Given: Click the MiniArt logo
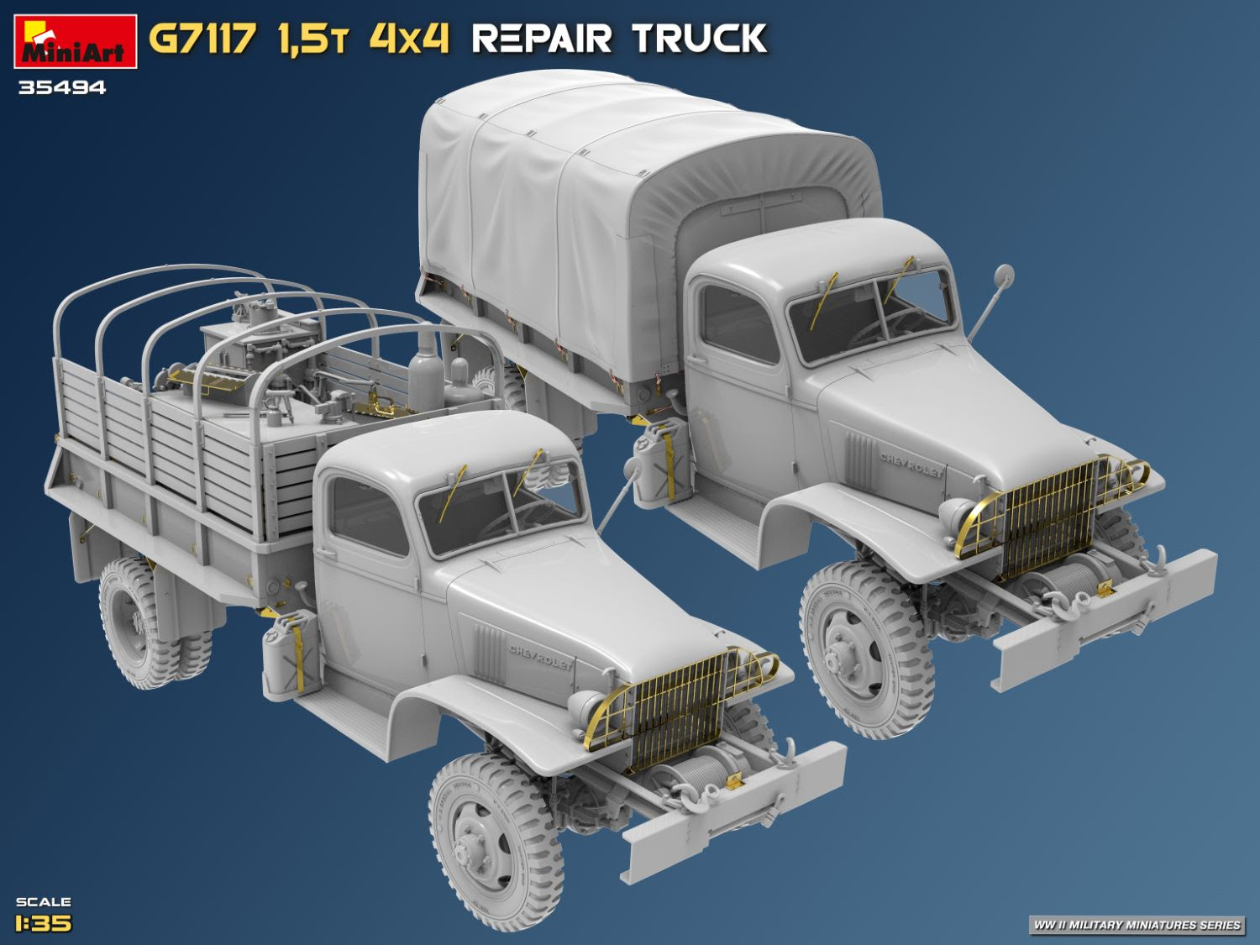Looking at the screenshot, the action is (76, 41).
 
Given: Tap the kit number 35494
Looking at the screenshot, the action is (62, 88).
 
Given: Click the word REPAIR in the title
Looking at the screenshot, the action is (541, 39).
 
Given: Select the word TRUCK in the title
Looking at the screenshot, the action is (700, 39).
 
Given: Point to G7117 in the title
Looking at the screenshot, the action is (202, 39).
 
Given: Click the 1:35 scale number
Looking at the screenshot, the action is (44, 923).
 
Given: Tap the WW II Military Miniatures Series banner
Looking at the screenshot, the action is (1137, 925).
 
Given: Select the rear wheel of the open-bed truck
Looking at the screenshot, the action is (137, 622).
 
